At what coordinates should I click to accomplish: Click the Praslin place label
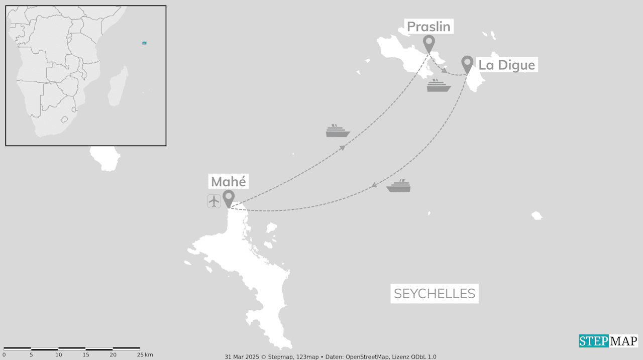[428, 27]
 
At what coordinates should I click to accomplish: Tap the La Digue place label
[506, 65]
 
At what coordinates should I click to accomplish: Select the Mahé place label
[229, 181]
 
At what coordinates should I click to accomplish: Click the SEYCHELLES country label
[435, 294]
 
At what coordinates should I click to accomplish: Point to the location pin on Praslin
[428, 43]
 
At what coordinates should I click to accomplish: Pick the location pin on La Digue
[467, 64]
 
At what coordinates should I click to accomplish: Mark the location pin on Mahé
[229, 198]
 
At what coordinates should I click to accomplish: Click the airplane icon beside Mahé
[214, 201]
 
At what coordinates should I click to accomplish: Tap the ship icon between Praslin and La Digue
[439, 85]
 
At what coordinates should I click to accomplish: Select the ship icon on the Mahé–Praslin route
[338, 131]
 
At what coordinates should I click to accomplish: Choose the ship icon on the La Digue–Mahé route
[398, 186]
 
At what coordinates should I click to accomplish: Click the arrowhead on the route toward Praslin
[343, 148]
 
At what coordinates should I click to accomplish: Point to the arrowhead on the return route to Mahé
[374, 185]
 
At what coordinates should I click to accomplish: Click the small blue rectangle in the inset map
[144, 43]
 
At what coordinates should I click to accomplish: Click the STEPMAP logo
[608, 341]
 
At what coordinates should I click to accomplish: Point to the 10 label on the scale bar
[59, 355]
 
